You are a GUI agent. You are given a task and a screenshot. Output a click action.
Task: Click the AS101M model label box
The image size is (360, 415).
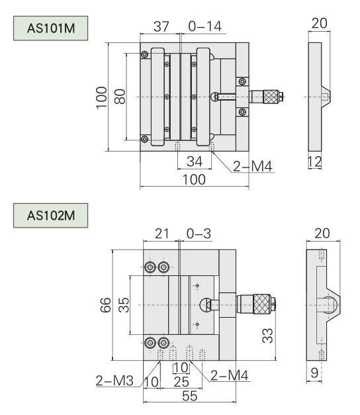(50, 28)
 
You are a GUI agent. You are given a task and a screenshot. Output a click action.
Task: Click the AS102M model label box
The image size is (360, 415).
(50, 215)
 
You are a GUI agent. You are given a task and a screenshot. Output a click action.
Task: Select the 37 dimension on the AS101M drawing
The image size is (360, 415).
(161, 26)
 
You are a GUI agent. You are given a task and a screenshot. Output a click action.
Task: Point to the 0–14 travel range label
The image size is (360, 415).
(205, 26)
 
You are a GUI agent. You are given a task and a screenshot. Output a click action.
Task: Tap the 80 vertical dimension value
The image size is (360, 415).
(120, 97)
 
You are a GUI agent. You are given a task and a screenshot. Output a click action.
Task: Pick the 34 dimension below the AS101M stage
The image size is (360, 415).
(195, 161)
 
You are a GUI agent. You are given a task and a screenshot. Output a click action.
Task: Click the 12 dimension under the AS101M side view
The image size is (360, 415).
(315, 161)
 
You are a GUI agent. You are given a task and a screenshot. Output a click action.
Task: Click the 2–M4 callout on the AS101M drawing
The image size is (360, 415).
(253, 167)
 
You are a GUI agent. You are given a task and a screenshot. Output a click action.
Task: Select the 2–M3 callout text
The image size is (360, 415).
(114, 381)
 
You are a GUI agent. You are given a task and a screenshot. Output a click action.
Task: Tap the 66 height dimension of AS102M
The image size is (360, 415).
(106, 305)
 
